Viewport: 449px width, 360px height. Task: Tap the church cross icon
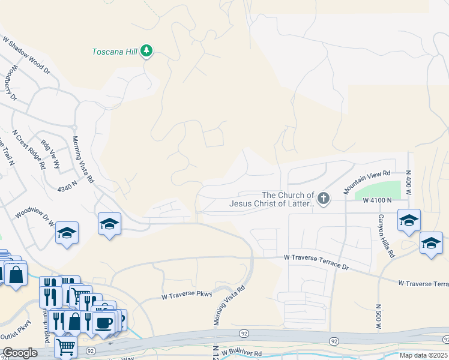point(324,199)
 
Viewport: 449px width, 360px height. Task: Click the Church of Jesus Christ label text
point(272,199)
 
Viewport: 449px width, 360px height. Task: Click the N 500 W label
point(379,317)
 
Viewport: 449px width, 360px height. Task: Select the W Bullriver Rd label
point(242,354)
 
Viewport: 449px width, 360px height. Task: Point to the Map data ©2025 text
point(423,355)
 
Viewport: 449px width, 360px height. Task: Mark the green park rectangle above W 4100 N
point(378,191)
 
